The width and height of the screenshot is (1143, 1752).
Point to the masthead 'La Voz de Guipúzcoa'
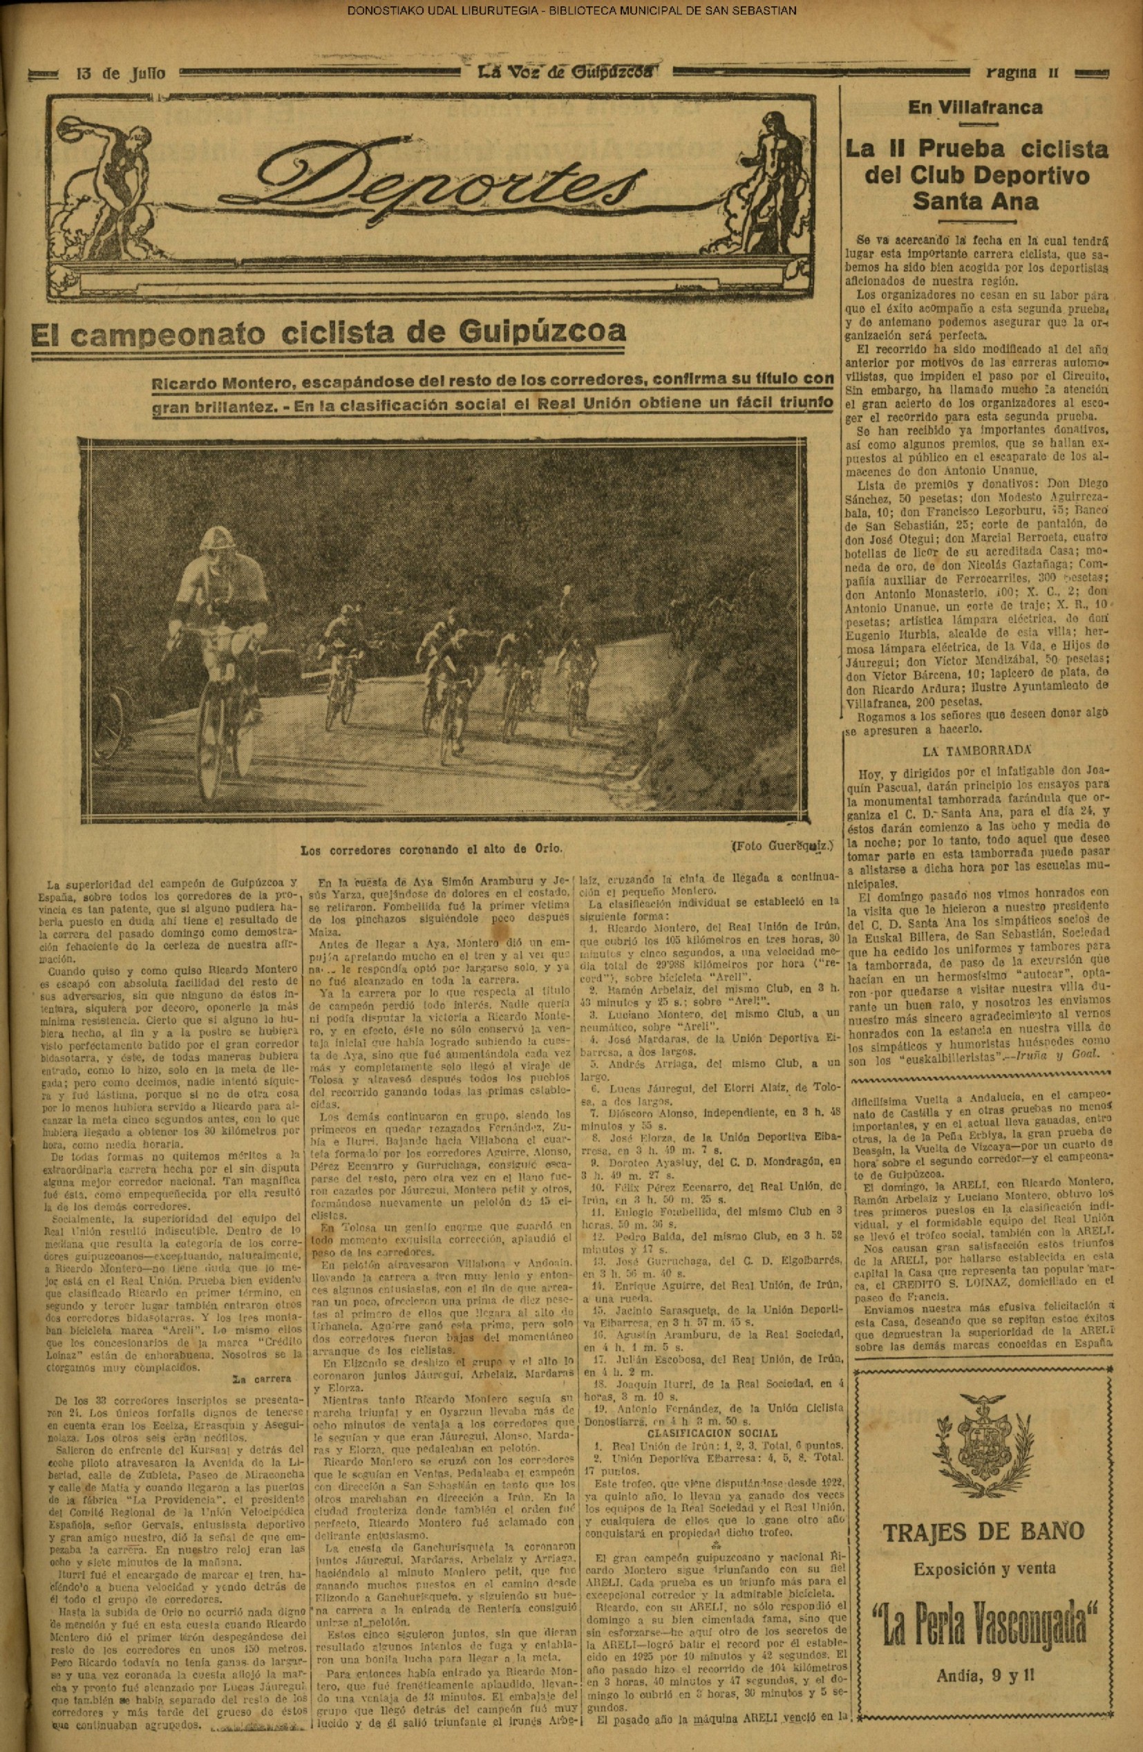click(566, 72)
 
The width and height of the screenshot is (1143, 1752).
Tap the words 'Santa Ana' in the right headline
click(975, 201)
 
